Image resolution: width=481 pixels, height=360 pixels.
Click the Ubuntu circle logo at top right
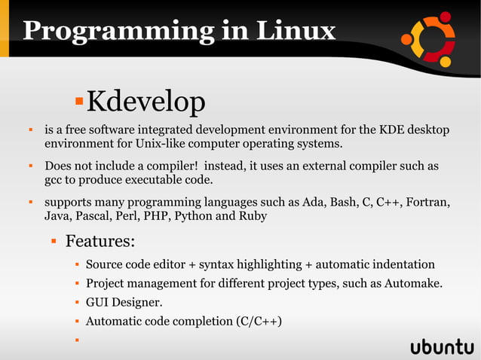coord(427,38)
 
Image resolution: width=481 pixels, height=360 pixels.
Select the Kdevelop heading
coord(146,100)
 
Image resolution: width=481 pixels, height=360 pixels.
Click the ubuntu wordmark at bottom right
coord(442,347)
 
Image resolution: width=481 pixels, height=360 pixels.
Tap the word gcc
coord(54,180)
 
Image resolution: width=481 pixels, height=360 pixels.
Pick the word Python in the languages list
coord(197,216)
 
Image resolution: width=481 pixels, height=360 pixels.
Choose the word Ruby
coord(252,216)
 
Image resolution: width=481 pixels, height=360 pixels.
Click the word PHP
coord(160,216)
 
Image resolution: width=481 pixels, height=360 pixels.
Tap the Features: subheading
coord(100,242)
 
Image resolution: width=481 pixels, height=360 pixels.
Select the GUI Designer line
coord(124,303)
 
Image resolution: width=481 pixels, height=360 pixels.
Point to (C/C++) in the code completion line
coord(259,322)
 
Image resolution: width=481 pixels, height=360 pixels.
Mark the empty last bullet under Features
coord(77,340)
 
